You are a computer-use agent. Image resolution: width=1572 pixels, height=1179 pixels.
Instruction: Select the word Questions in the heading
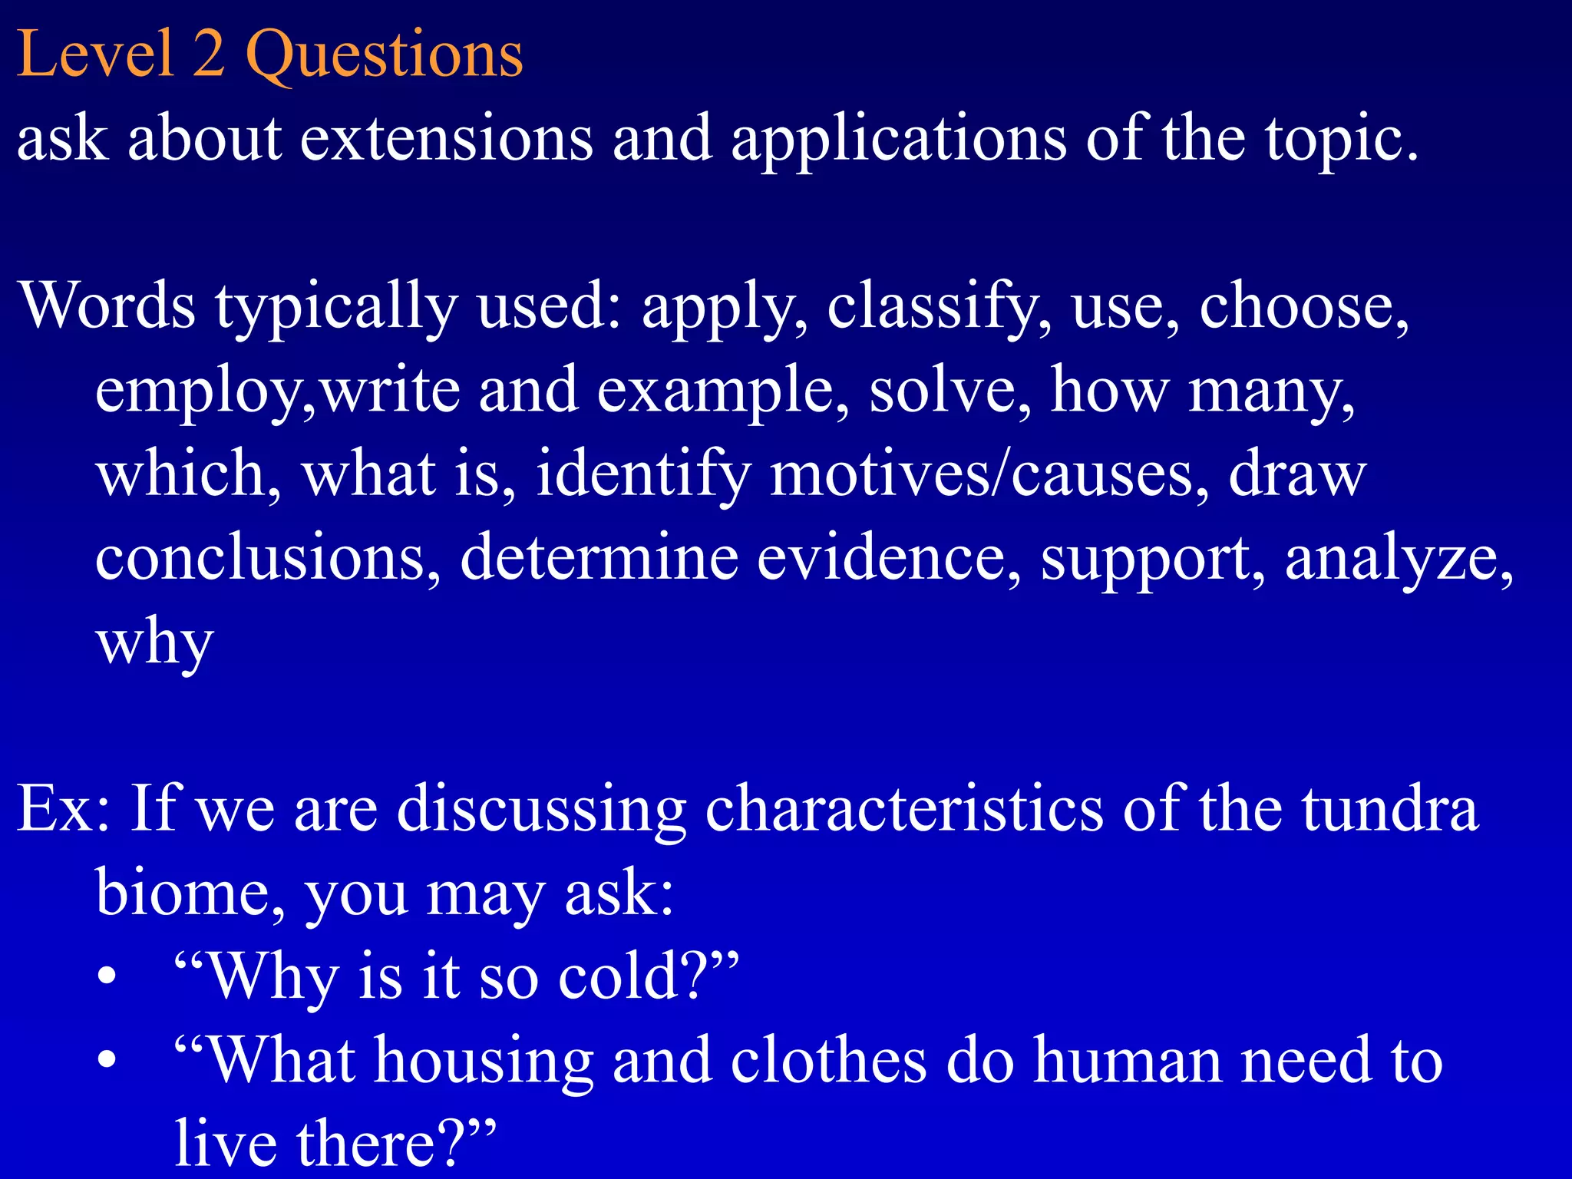[384, 55]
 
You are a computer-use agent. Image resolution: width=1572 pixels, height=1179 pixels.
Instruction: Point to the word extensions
[446, 138]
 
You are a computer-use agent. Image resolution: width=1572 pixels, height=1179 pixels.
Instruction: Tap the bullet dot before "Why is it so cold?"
[107, 976]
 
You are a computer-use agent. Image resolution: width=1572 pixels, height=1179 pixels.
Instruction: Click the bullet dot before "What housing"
[107, 1060]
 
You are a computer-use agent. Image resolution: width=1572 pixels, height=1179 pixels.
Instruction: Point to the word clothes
[828, 1060]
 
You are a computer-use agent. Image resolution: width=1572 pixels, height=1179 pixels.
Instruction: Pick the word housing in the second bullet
[484, 1062]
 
